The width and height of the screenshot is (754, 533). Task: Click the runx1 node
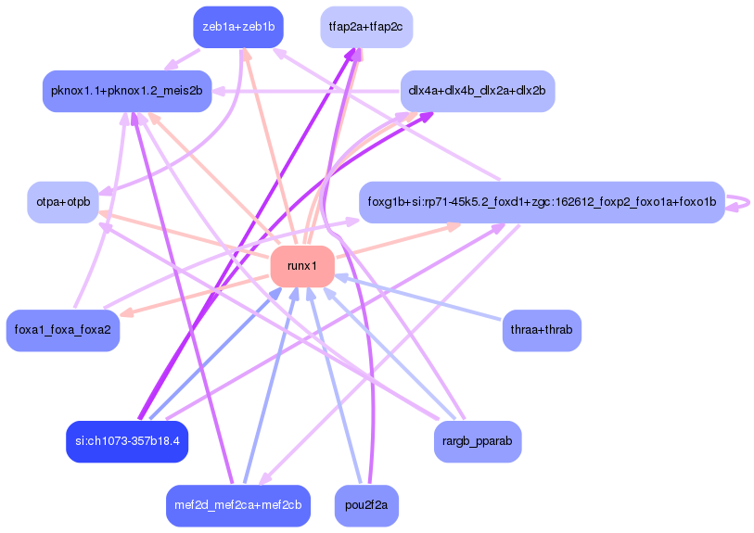(302, 266)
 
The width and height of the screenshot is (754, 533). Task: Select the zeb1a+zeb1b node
(238, 27)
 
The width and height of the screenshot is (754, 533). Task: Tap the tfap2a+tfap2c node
(365, 27)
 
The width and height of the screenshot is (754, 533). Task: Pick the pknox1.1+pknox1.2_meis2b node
(128, 91)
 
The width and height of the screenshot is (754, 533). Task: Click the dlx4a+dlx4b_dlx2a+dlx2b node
(477, 91)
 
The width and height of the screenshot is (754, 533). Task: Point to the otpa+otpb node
(63, 202)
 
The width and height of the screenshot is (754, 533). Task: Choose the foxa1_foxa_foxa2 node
(63, 330)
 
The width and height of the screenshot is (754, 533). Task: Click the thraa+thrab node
(541, 330)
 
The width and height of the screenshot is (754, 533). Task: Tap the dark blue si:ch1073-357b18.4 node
(128, 441)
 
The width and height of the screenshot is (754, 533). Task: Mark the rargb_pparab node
(477, 441)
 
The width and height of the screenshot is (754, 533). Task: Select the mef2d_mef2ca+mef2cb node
(238, 505)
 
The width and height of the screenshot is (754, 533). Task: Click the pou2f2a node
(365, 505)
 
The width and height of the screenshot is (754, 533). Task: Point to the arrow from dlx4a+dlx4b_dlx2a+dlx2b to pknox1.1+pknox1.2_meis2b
(306, 91)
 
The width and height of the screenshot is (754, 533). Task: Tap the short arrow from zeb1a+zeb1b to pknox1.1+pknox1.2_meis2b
(185, 58)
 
